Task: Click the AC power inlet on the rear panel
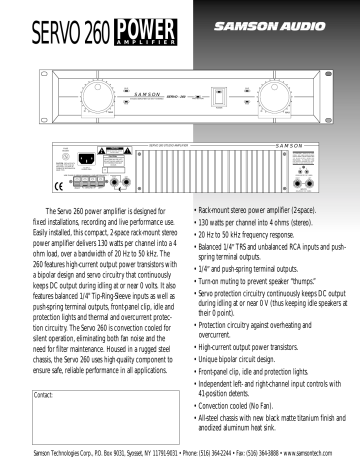[x=97, y=157]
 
